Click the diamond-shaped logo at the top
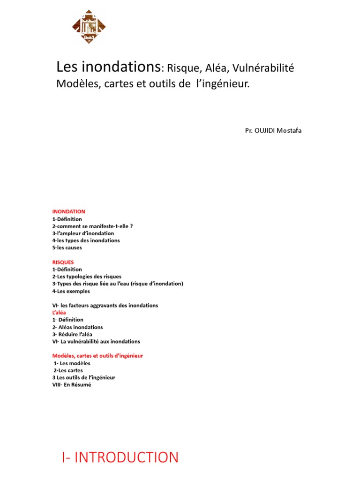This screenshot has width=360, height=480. tap(89, 27)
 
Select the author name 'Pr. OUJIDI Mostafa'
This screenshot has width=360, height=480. tap(273, 130)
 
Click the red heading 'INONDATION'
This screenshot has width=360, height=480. tap(68, 212)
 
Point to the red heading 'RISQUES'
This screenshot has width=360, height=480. tap(63, 262)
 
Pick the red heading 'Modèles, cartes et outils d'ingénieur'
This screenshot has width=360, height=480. tap(97, 356)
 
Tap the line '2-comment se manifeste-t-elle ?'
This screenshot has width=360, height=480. tap(92, 226)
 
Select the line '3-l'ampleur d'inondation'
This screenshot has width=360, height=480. tap(83, 233)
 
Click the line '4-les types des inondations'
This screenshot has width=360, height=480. tap(86, 240)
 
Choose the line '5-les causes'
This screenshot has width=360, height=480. tap(67, 247)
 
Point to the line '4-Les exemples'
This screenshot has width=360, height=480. tap(71, 291)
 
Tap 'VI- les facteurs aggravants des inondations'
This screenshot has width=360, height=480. tap(105, 305)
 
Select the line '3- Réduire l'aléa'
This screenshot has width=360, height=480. tap(72, 334)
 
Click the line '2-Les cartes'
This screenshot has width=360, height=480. tap(68, 370)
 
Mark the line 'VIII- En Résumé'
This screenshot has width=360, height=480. tap(72, 385)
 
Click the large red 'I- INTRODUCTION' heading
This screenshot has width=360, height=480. tap(120, 457)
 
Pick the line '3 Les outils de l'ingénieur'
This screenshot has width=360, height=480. tap(83, 377)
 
